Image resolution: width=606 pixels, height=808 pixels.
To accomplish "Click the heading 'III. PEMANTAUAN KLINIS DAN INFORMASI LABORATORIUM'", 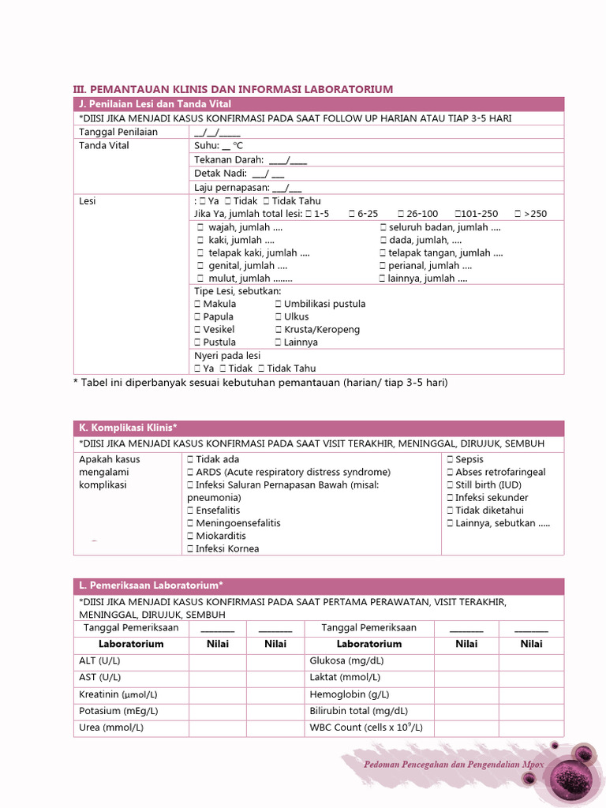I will click(233, 89).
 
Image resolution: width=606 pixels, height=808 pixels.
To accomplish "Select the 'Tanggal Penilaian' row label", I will click(118, 132).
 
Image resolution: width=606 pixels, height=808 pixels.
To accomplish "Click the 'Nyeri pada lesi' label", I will click(227, 356).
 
